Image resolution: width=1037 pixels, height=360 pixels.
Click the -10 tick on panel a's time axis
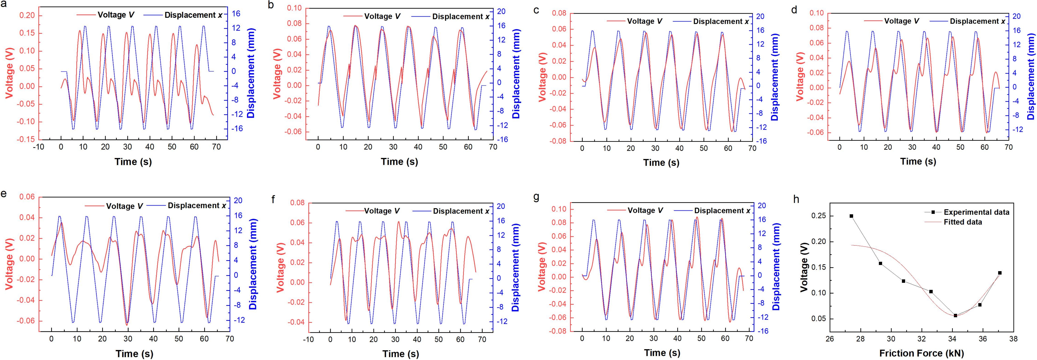point(39,147)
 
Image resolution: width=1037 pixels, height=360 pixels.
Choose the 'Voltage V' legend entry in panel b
point(382,17)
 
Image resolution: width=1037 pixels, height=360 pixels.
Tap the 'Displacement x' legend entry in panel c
point(721,21)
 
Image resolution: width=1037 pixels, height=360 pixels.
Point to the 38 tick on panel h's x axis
point(1014,339)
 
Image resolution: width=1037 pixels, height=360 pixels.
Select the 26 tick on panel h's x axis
point(830,339)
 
